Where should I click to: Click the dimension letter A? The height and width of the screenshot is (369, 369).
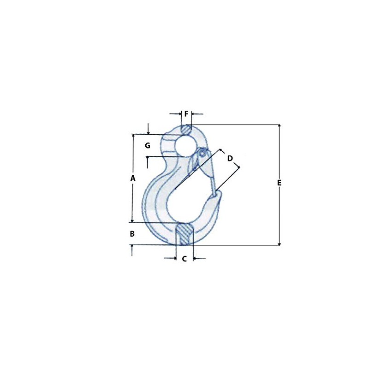tap(133, 179)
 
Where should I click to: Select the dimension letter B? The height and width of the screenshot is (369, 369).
tap(132, 234)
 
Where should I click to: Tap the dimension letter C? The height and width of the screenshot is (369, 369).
tap(184, 259)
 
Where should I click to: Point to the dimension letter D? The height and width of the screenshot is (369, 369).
tap(230, 158)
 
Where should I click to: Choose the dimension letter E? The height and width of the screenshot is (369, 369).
tap(279, 183)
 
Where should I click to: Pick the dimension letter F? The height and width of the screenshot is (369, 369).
tap(186, 114)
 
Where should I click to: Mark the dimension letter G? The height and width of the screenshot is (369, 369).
tap(148, 146)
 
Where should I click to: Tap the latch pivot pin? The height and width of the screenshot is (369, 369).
tap(202, 154)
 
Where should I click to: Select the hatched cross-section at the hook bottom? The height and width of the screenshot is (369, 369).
tap(185, 234)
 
